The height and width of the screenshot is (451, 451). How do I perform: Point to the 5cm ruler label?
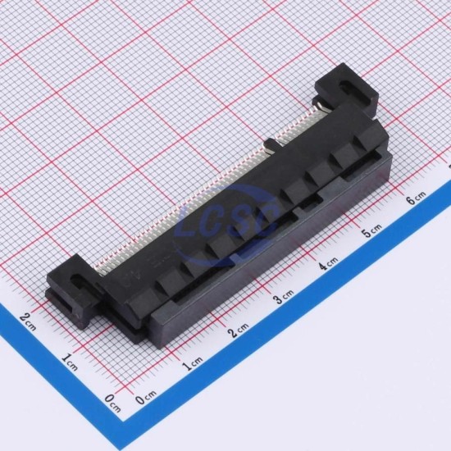click(372, 230)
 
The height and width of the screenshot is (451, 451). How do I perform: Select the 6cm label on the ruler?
click(417, 197)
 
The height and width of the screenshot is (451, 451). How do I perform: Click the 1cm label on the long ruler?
click(194, 364)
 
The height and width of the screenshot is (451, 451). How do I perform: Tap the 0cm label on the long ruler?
click(147, 397)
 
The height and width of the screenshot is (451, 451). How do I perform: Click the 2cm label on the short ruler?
click(28, 322)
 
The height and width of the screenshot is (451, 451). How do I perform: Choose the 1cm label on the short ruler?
click(70, 362)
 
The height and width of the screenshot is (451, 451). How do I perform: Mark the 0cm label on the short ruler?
click(112, 403)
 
